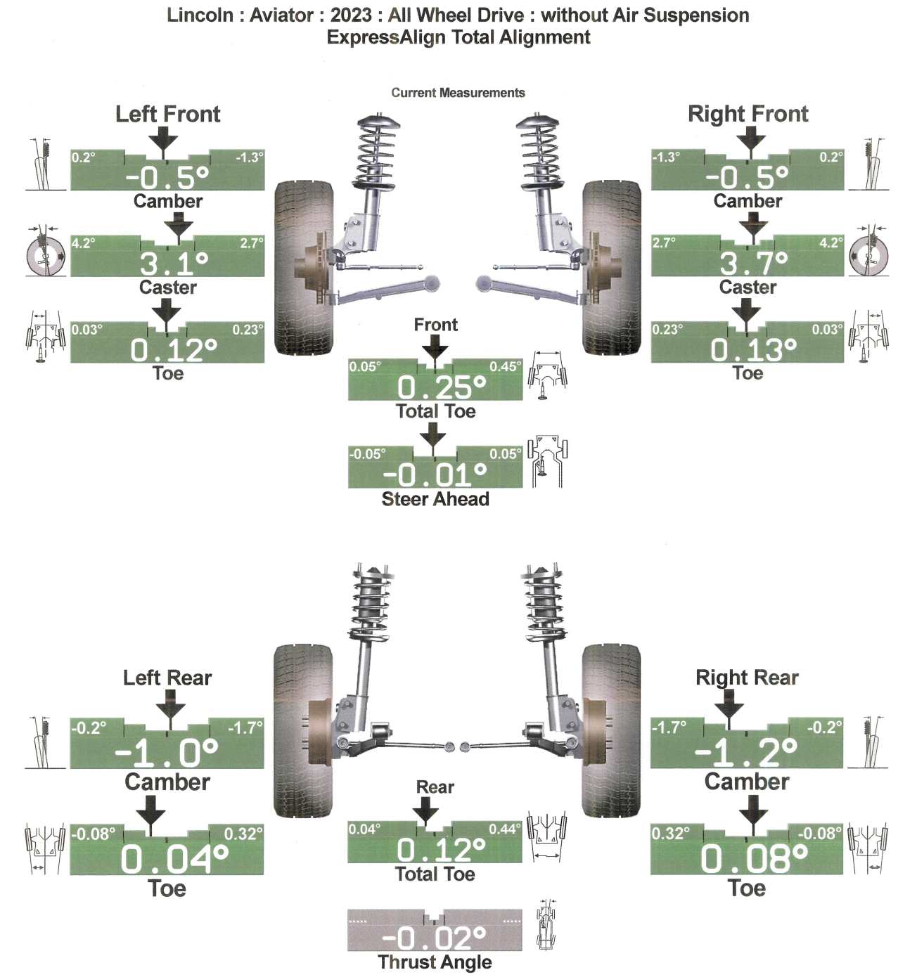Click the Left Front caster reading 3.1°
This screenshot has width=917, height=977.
tap(174, 264)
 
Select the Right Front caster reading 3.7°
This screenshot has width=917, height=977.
tap(753, 264)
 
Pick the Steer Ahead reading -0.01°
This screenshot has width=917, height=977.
tap(435, 475)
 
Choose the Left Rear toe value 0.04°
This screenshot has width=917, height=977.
tap(174, 859)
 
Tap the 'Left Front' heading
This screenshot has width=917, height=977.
tap(167, 114)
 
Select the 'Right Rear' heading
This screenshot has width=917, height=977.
tap(747, 678)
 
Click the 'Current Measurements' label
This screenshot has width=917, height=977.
tap(458, 93)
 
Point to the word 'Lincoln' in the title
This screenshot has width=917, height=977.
tap(200, 15)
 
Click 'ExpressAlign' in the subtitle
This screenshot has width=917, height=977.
tap(385, 37)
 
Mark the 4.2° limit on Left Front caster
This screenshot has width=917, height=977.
tap(83, 243)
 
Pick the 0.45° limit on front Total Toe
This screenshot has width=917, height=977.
tap(506, 367)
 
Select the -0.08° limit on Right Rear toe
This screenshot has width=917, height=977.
tap(820, 834)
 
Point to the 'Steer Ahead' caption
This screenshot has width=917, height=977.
tap(435, 499)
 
